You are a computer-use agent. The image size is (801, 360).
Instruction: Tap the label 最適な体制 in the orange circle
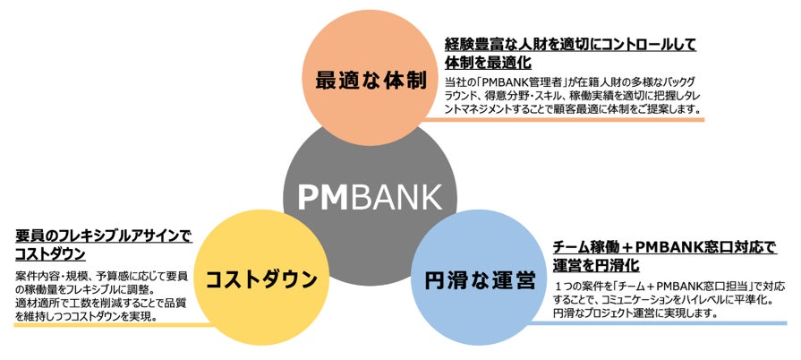pyautogui.click(x=369, y=78)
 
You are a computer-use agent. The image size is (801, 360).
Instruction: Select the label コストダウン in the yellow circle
pyautogui.click(x=262, y=279)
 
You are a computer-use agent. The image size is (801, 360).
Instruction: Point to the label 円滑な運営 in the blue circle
pyautogui.click(x=479, y=280)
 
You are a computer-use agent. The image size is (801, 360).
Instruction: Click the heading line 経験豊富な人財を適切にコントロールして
pyautogui.click(x=570, y=43)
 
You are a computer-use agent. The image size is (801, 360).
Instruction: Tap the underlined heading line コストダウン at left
pyautogui.click(x=50, y=254)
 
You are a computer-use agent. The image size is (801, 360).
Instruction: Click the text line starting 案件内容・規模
pyautogui.click(x=106, y=274)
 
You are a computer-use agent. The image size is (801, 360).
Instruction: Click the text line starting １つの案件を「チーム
pyautogui.click(x=669, y=286)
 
